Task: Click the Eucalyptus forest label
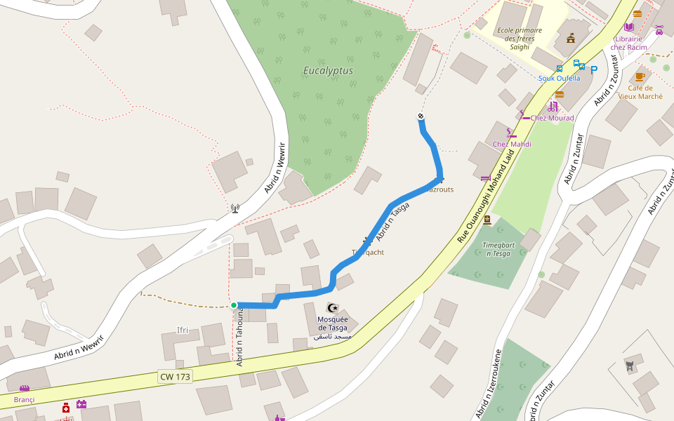point(328,71)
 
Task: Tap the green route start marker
point(234,305)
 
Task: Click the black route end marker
point(421,116)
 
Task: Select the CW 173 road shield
point(175,377)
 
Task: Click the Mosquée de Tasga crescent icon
point(333,308)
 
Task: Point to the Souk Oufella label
point(559,79)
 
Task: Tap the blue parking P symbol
point(594,70)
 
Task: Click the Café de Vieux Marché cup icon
point(640,76)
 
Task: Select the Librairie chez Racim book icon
point(629,27)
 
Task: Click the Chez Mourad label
point(552,118)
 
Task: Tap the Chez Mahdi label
point(512,145)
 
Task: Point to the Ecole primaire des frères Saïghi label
point(519,39)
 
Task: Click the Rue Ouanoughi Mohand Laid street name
point(486,199)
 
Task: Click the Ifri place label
point(183,330)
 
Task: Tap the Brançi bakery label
point(24,400)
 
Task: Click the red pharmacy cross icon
point(66,408)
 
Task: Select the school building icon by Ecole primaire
point(571,38)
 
